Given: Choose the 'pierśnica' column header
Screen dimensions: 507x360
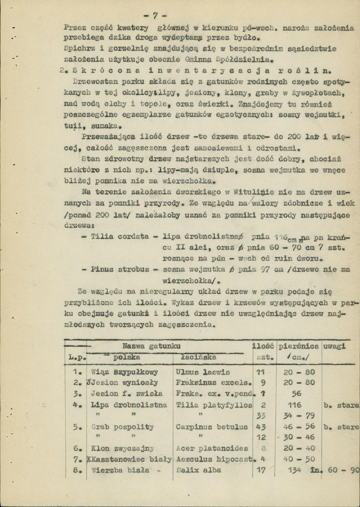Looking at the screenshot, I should coord(298,346).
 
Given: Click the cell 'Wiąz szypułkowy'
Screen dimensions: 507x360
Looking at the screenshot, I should coord(124,372).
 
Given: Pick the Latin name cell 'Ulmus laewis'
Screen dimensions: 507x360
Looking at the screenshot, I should coord(203,373).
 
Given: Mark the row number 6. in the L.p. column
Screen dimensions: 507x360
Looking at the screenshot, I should coord(77,448).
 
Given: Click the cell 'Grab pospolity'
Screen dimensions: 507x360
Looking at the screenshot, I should coord(122,427).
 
